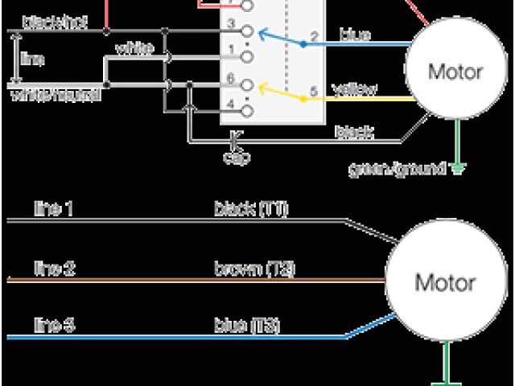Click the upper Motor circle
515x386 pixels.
pyautogui.click(x=455, y=72)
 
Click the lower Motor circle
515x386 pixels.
pyautogui.click(x=444, y=283)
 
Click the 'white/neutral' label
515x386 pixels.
pyautogui.click(x=56, y=95)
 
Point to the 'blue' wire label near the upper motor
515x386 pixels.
pyautogui.click(x=355, y=35)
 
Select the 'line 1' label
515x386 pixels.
pyautogui.click(x=54, y=211)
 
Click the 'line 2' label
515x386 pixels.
pyautogui.click(x=55, y=268)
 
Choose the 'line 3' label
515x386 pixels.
pyautogui.click(x=55, y=326)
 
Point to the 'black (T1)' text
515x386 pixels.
pyautogui.click(x=251, y=210)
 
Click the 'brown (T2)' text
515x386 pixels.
pyautogui.click(x=254, y=268)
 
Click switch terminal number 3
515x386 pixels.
pyautogui.click(x=230, y=23)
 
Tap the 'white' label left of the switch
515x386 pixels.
pyautogui.click(x=134, y=48)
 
